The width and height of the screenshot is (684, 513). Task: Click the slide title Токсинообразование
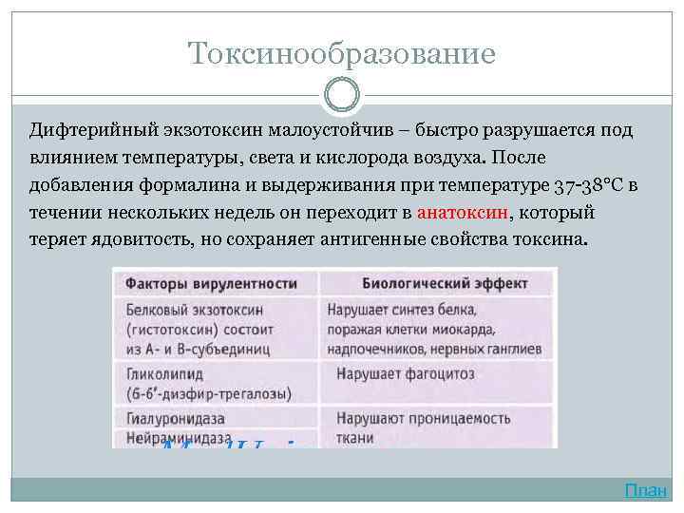tap(342, 53)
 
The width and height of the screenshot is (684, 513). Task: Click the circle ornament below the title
tap(342, 95)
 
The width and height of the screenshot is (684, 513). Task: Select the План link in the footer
tap(646, 490)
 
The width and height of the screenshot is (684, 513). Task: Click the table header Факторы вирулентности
tap(211, 283)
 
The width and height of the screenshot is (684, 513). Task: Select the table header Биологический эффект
tap(432, 283)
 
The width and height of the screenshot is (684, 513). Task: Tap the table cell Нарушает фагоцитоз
tap(395, 372)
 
